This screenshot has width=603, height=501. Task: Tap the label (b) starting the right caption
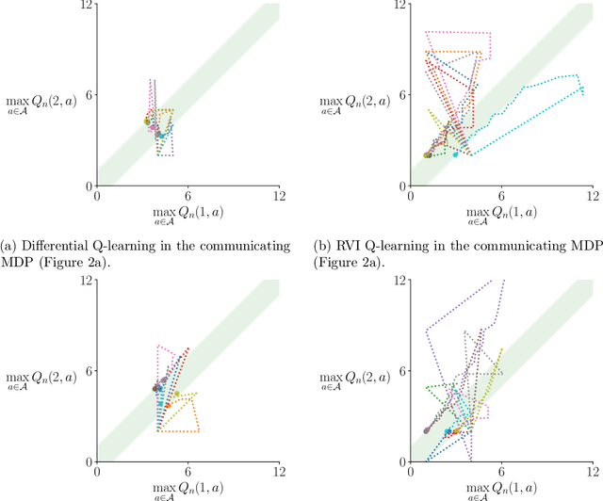325,246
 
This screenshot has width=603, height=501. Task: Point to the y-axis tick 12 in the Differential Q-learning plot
87,6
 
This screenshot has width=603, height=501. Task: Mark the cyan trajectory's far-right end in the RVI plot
583,90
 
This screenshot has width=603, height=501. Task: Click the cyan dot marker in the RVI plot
456,154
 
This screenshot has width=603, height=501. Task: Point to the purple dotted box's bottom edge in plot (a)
166,155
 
